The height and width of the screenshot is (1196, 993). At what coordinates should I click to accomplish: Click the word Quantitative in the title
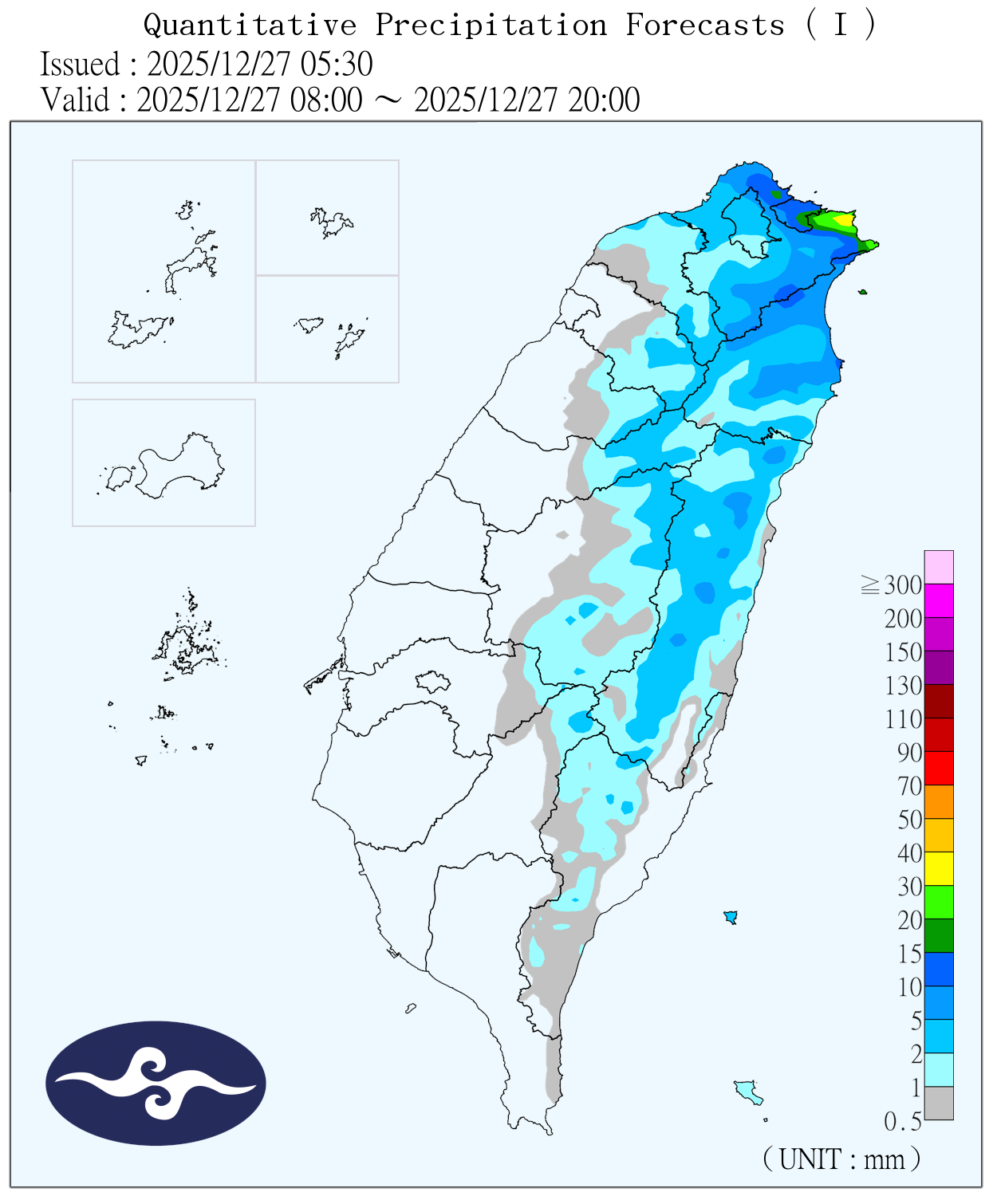[250, 26]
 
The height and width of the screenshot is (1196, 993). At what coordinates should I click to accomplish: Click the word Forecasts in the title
[705, 26]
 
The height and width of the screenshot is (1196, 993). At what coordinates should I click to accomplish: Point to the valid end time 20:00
[604, 100]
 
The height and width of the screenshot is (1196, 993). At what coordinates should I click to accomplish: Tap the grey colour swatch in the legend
[939, 1103]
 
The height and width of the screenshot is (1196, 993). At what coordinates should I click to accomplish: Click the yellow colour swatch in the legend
[939, 868]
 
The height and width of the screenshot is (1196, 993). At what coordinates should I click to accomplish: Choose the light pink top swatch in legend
[939, 567]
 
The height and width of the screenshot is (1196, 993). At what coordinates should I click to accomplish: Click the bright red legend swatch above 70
[939, 768]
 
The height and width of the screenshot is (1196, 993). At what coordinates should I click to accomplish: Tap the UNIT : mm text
[841, 1159]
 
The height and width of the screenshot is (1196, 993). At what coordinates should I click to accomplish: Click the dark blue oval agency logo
[156, 1083]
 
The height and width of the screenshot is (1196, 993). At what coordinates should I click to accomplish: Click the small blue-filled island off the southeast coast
[730, 917]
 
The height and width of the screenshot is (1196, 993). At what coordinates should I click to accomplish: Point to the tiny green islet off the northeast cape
[862, 292]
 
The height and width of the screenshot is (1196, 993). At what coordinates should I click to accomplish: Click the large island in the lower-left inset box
[179, 466]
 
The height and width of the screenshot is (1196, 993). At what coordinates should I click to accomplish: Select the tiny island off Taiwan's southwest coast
[411, 1009]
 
